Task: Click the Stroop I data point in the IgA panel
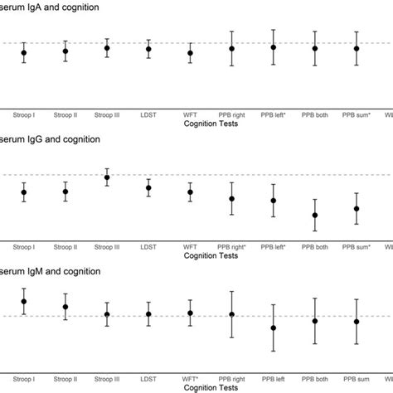[24, 52]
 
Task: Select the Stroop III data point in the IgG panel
[107, 177]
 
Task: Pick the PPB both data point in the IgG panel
[315, 216]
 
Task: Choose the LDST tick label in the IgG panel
[148, 246]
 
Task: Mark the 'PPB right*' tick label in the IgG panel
[232, 246]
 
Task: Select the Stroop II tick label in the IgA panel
[65, 114]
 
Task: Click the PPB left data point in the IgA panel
[273, 47]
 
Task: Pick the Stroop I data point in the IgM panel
[24, 302]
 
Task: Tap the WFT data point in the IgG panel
[190, 192]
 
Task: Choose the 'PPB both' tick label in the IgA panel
[315, 114]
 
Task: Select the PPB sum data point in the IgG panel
[357, 209]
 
